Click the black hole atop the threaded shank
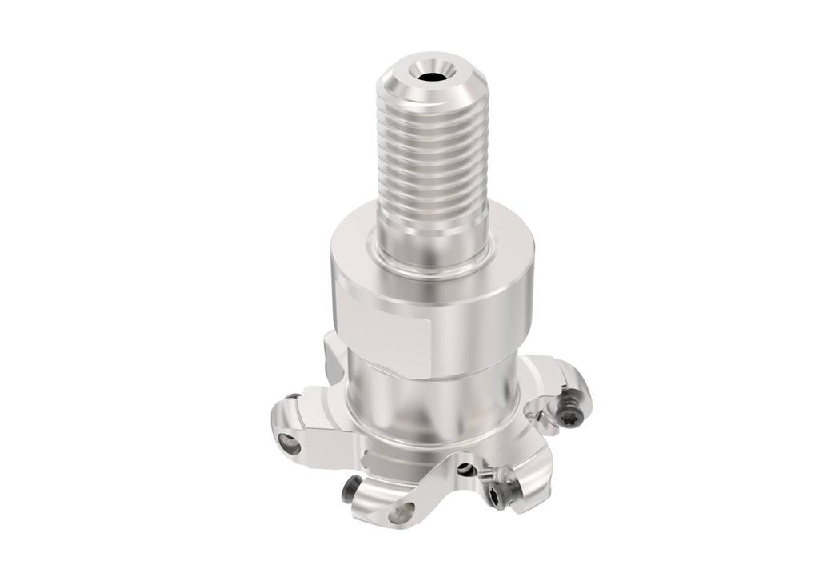point(432,78)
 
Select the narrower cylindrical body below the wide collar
point(432,400)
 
